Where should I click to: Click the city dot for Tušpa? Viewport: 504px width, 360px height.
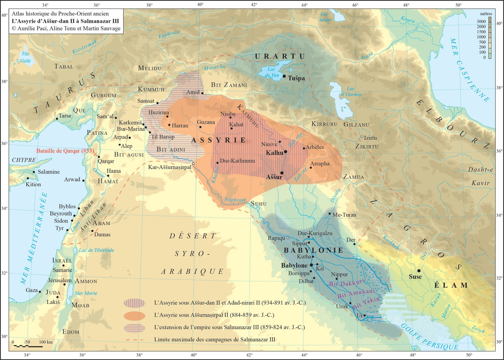pyautogui.click(x=284, y=76)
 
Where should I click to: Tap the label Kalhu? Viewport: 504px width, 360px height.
pyautogui.click(x=274, y=153)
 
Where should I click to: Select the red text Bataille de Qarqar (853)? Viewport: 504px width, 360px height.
pyautogui.click(x=65, y=151)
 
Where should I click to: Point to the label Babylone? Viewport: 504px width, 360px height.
pyautogui.click(x=294, y=265)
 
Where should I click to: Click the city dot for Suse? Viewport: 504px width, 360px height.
pyautogui.click(x=419, y=271)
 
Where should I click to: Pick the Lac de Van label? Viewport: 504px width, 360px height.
pyautogui.click(x=272, y=72)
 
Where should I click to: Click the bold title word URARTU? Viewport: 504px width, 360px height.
pyautogui.click(x=280, y=56)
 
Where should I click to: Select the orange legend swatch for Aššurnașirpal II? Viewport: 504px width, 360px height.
pyautogui.click(x=135, y=316)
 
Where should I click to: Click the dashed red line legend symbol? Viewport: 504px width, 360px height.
pyautogui.click(x=135, y=340)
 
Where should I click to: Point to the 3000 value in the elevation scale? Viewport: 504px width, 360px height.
pyautogui.click(x=481, y=21)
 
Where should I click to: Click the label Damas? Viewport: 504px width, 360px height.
pyautogui.click(x=102, y=235)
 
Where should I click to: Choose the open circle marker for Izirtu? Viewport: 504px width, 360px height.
pyautogui.click(x=362, y=137)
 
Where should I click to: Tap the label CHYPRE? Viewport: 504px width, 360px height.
pyautogui.click(x=24, y=160)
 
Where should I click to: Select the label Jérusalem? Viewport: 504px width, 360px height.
pyautogui.click(x=60, y=280)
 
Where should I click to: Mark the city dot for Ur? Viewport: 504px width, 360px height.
pyautogui.click(x=365, y=315)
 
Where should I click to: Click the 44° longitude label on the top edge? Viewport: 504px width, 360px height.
pyautogui.click(x=304, y=5)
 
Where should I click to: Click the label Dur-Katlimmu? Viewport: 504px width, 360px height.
pyautogui.click(x=237, y=161)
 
